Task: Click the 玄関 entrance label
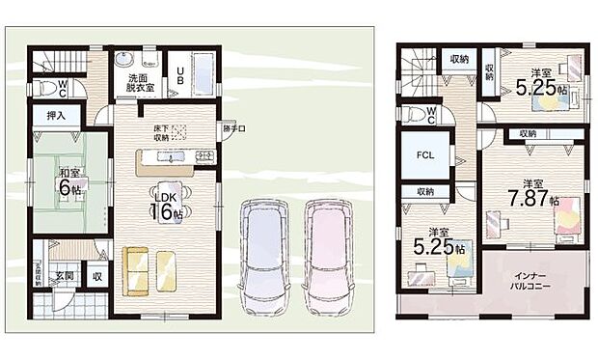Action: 64,276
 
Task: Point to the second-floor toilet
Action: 411,114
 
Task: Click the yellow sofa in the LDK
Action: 149,270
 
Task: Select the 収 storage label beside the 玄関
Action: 97,277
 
